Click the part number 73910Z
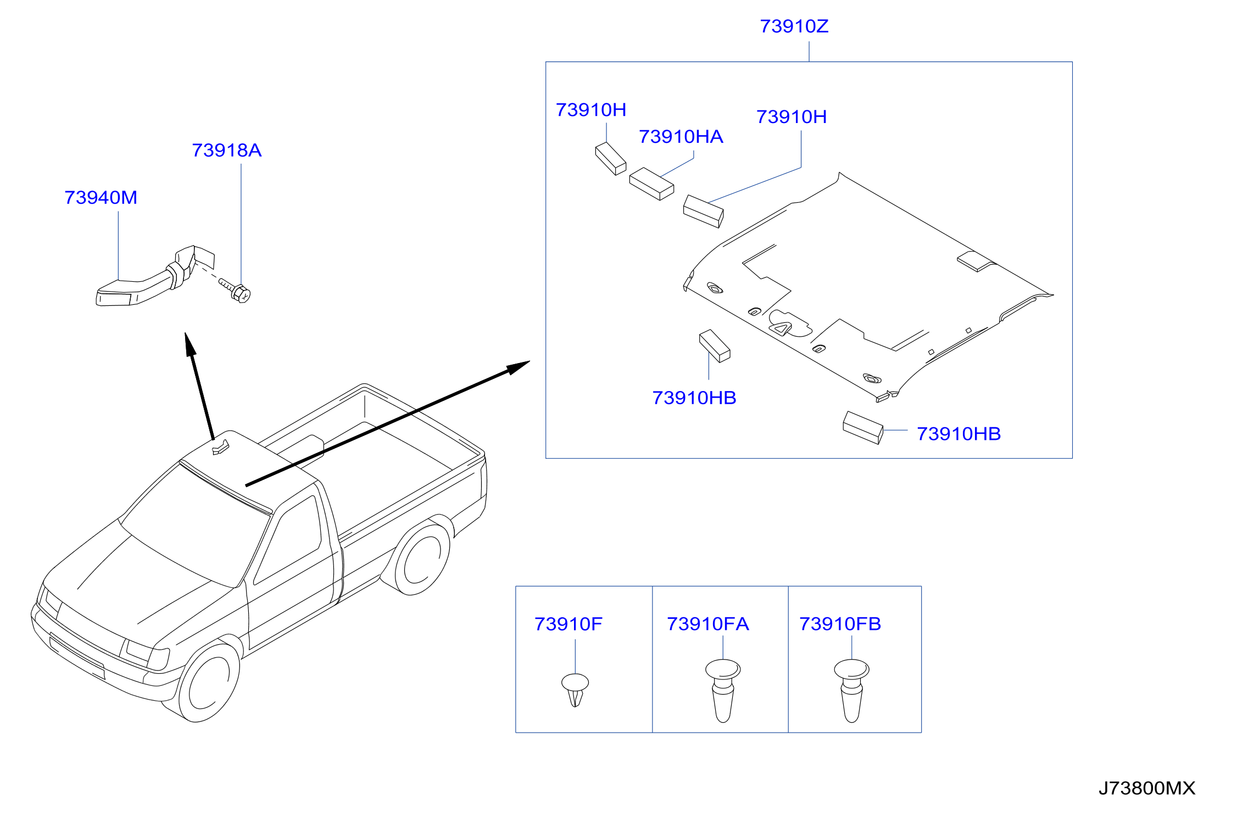tap(794, 26)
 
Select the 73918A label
tap(226, 150)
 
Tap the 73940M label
tap(101, 198)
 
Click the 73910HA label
tap(681, 137)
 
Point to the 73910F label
tap(568, 624)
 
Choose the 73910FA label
tap(707, 624)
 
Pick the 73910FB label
tap(840, 624)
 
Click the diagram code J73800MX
tap(1147, 789)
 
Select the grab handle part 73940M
tap(155, 277)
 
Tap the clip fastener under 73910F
tap(575, 690)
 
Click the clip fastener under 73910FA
tap(723, 690)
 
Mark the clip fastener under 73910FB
tap(851, 690)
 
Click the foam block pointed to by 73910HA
tap(651, 183)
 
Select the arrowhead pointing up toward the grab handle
tap(190, 344)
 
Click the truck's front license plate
tap(76, 656)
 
